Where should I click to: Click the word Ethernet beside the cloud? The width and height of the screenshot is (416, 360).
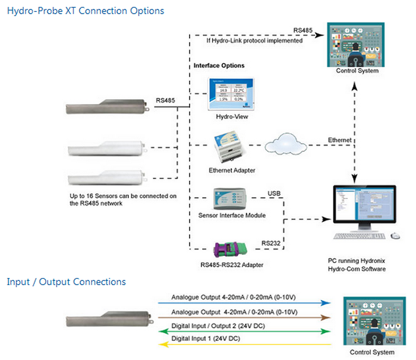point(341,140)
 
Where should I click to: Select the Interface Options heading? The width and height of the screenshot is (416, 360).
point(219,65)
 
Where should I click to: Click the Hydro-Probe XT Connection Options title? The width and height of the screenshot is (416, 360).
point(86,11)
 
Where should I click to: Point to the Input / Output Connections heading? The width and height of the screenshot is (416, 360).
point(66,282)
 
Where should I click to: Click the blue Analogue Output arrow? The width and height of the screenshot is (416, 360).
point(244,302)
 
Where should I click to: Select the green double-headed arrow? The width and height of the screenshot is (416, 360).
point(244,331)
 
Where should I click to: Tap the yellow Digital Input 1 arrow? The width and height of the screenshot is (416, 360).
point(244,345)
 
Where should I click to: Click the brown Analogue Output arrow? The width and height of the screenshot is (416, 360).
point(244,317)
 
